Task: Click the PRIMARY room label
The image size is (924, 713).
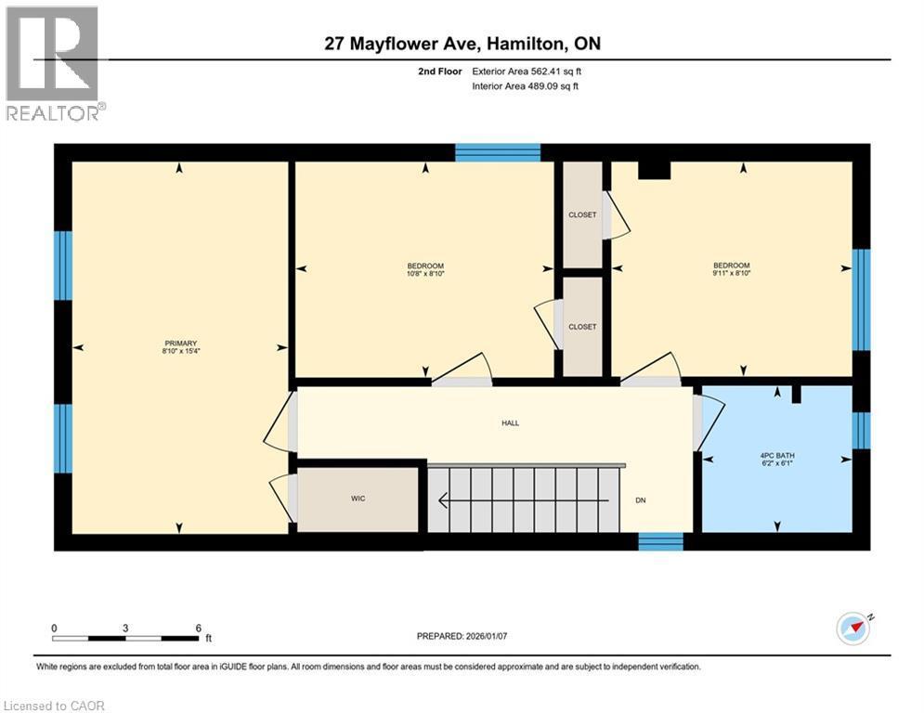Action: coord(180,343)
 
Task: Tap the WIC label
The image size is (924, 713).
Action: coord(358,499)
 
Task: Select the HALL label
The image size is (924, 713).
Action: coord(510,422)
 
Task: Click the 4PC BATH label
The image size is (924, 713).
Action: coord(777,455)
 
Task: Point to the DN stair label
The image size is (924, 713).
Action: coord(641,500)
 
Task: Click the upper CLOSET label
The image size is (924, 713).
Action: coord(582,214)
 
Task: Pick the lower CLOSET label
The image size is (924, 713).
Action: coord(582,327)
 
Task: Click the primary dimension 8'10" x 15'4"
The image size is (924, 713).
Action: coord(180,351)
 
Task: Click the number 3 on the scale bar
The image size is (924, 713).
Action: coord(125,628)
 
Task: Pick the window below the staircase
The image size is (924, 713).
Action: coord(661,541)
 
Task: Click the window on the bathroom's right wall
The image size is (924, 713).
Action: coord(861,430)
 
